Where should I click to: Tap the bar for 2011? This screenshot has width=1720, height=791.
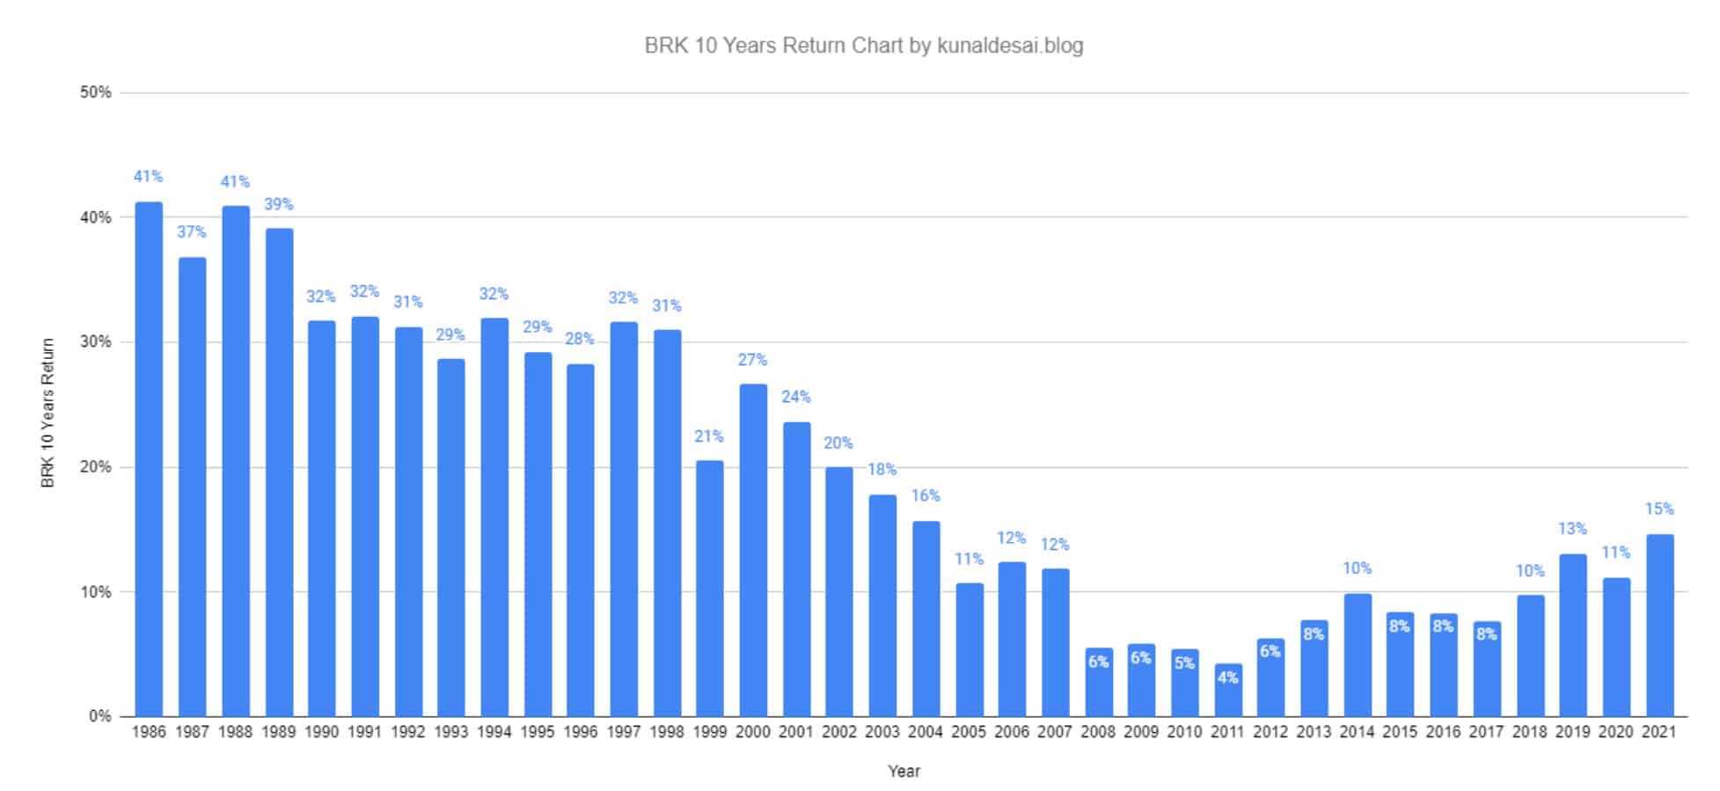(x=1227, y=690)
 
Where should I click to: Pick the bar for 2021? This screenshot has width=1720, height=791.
(x=1659, y=625)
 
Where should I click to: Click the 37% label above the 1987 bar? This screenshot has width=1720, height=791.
(x=192, y=232)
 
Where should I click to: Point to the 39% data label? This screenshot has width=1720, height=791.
(x=278, y=205)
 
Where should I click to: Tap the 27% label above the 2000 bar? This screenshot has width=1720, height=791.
(x=752, y=360)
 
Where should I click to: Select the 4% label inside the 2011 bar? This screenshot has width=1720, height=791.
(x=1227, y=677)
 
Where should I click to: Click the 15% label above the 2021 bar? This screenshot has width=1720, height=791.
(x=1659, y=509)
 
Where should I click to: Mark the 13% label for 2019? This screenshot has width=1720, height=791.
(x=1572, y=529)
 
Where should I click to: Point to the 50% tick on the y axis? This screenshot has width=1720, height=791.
(x=95, y=92)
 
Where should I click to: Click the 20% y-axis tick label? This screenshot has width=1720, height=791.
(x=95, y=467)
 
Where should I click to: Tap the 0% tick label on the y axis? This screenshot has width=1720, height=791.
(x=99, y=716)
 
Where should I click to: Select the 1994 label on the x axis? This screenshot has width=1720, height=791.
(x=494, y=732)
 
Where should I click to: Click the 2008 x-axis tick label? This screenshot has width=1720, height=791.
(x=1098, y=732)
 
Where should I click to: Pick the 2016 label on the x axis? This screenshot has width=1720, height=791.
(x=1443, y=732)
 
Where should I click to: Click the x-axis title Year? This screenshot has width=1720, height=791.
(x=904, y=772)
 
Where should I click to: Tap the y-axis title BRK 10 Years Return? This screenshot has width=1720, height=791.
(x=48, y=413)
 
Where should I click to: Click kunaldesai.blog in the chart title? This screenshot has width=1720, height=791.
(x=1010, y=46)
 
